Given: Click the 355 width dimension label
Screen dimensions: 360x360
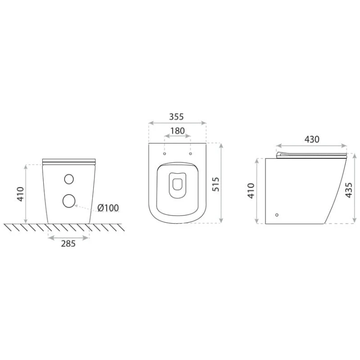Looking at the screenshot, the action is coord(176,117).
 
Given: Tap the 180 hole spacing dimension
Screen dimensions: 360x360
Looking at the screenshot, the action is coord(178,131).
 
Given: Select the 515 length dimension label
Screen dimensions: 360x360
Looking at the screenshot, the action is coord(216,184).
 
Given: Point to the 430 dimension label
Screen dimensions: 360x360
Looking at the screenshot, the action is coord(312,139).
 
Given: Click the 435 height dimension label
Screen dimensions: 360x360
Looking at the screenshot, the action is coord(349,190).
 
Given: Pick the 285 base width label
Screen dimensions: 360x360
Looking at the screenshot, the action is coord(68,243).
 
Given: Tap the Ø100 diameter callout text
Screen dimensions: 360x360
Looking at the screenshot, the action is coord(108,208).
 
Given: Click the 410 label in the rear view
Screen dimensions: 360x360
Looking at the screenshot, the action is coord(21,194).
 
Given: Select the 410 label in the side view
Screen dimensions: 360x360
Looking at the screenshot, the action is coord(251,191).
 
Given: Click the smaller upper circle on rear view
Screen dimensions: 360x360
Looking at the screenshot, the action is coord(69,179).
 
